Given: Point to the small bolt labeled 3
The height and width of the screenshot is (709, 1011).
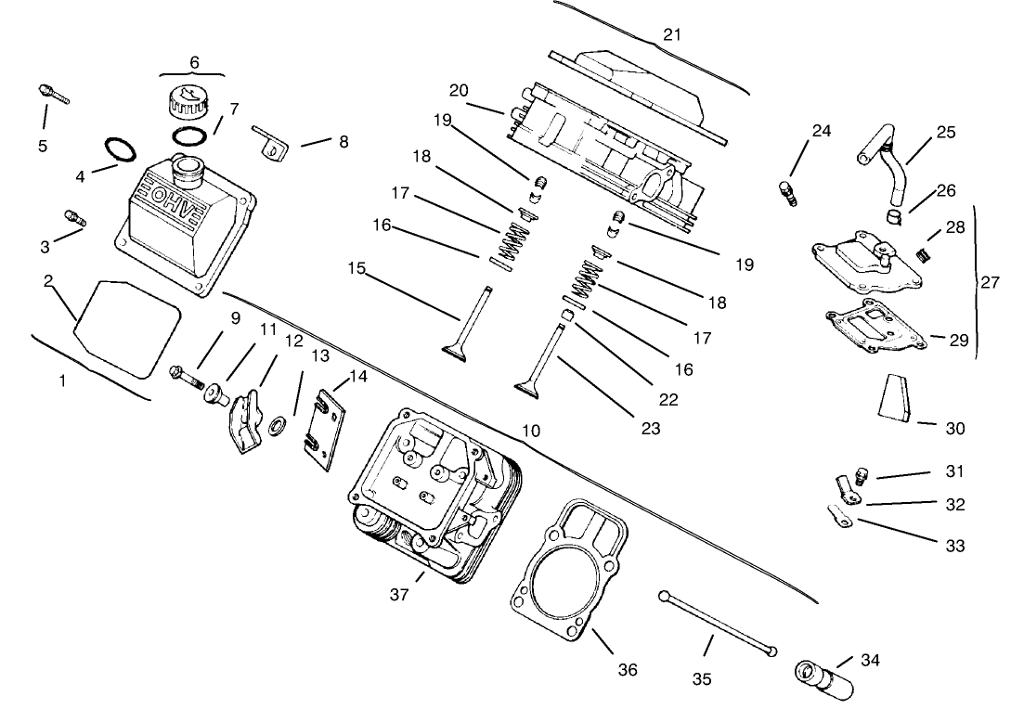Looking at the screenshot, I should click(x=74, y=217).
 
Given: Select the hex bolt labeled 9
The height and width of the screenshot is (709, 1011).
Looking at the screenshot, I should click(x=186, y=376).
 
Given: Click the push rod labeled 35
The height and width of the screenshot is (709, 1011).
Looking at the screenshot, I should click(x=715, y=623).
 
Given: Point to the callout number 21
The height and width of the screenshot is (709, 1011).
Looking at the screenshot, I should click(x=672, y=35).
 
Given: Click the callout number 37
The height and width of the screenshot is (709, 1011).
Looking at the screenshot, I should click(x=399, y=595).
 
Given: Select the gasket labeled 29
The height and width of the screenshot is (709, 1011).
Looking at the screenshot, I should click(x=877, y=329).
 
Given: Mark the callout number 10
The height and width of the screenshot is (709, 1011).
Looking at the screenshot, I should click(x=531, y=432).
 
